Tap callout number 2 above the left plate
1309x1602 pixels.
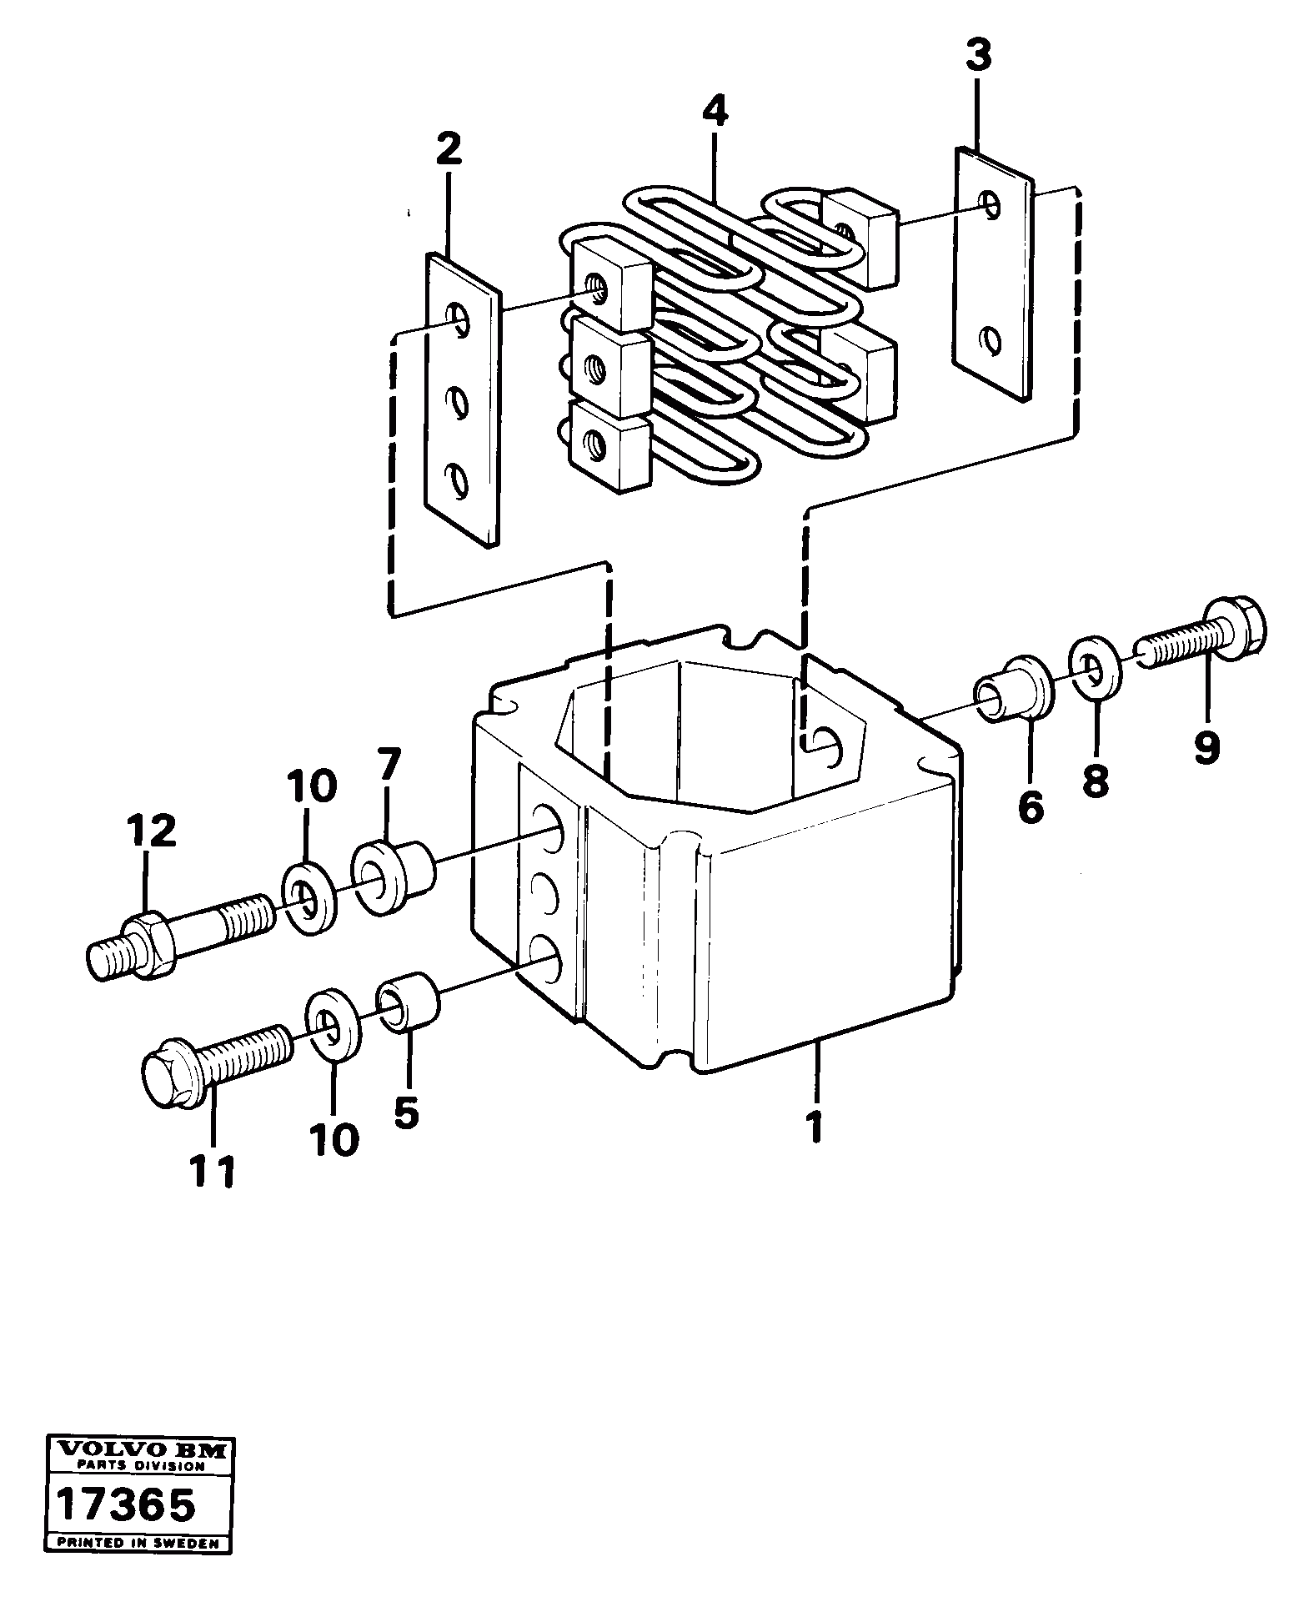448,150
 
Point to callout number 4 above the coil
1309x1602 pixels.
715,110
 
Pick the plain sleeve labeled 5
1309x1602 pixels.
409,1002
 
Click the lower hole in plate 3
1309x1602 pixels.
991,339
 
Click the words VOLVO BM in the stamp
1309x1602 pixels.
138,1451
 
